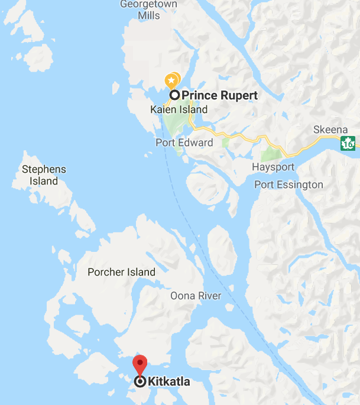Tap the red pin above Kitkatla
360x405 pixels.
pos(140,362)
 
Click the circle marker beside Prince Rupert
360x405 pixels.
pos(175,95)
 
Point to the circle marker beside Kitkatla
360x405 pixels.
pos(140,382)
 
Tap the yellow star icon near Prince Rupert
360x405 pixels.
pos(171,80)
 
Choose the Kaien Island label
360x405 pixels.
pos(179,109)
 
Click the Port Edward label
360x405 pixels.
pos(184,142)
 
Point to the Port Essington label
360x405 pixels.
pos(289,184)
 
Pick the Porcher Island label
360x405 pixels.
pos(121,272)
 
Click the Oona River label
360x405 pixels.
pos(196,296)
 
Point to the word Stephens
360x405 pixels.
pos(44,169)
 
